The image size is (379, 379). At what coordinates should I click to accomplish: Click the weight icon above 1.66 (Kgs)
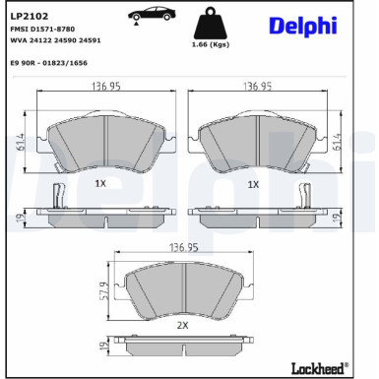pos(212,24)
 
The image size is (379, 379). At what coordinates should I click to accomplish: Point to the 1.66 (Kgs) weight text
pos(212,45)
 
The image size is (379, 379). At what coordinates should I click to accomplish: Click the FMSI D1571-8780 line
pos(42,31)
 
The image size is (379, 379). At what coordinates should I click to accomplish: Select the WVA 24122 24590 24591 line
pos(55,41)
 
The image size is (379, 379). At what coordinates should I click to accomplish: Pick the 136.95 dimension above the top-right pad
pos(260,88)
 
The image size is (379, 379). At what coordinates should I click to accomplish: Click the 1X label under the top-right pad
pos(252,184)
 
